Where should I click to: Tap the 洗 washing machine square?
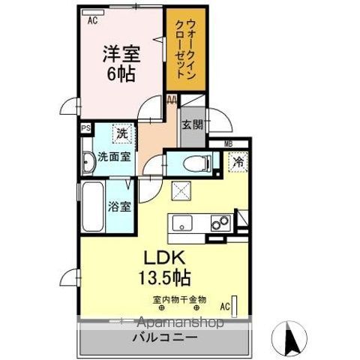pos(121,133)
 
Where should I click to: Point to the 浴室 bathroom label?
pos(120,205)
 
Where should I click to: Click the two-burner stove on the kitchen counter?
pos(220,222)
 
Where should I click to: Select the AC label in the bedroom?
pos(92,21)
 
